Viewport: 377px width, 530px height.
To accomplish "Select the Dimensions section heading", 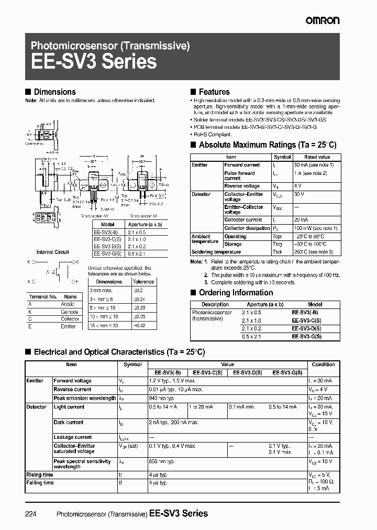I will tap(54, 92).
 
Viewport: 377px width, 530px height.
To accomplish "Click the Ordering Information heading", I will tap(236, 293).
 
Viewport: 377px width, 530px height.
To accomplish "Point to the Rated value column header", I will tap(317, 157).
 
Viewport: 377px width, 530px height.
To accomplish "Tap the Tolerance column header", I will tap(143, 282).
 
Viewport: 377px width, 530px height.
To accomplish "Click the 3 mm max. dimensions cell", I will tap(101, 290).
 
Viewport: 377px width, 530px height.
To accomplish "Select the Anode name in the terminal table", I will tap(68, 304).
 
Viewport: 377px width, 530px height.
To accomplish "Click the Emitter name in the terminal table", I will tap(68, 326).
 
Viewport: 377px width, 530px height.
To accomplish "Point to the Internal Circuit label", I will tap(53, 252).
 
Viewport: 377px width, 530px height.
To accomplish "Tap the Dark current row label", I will tap(69, 422).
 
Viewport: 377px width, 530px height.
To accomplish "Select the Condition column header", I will tap(323, 365).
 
